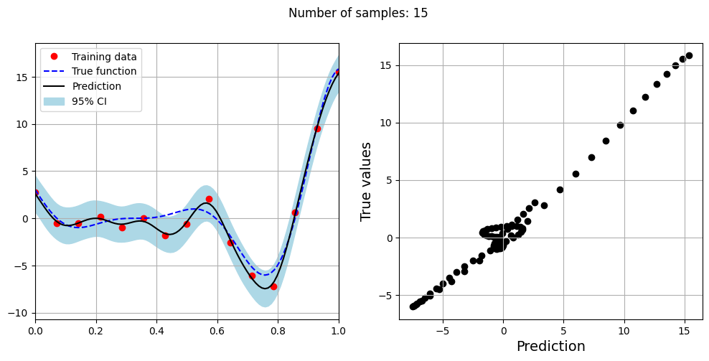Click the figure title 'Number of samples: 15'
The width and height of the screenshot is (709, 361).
[357, 13]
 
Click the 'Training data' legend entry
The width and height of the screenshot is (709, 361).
[99, 57]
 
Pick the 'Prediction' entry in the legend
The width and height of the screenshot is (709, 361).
[96, 86]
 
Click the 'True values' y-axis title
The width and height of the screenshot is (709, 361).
[366, 181]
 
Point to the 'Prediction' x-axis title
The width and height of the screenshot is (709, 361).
[550, 347]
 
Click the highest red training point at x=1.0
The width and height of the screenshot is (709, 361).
[339, 71]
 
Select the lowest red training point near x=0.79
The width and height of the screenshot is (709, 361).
[273, 286]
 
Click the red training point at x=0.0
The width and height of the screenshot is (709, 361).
[35, 192]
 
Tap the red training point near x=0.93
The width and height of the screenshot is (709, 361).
[317, 128]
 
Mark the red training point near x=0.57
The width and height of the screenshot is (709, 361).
[209, 199]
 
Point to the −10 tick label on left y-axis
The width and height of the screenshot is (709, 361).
[19, 314]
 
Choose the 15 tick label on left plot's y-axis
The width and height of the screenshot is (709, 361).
[22, 77]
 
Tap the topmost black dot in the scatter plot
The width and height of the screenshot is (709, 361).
[689, 55]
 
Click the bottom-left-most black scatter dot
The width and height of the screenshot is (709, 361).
[413, 306]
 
